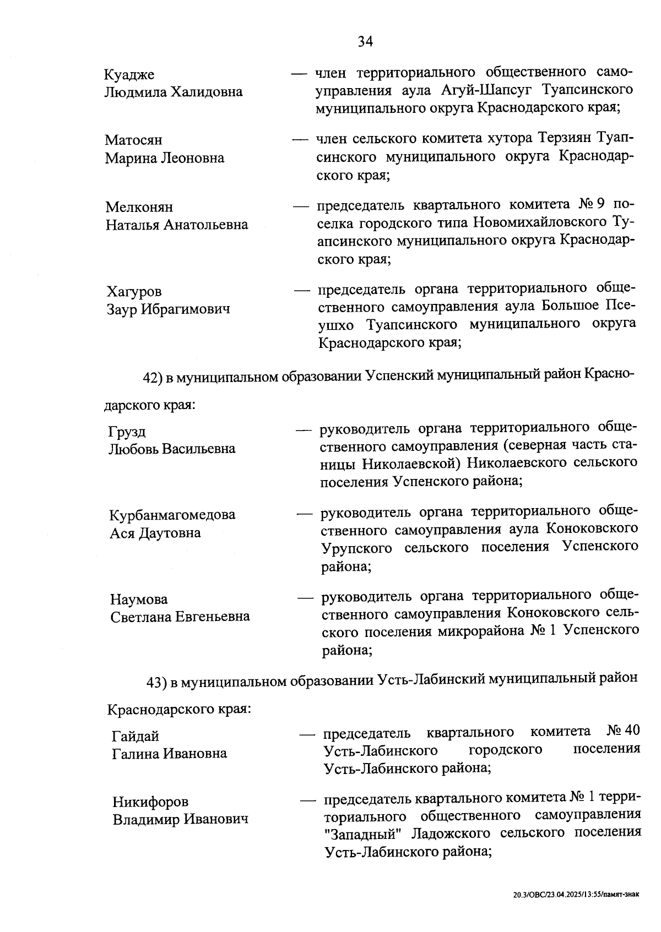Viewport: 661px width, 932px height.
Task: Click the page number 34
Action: click(365, 42)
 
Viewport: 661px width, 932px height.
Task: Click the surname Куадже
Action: click(129, 74)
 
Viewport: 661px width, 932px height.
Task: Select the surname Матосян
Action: click(134, 140)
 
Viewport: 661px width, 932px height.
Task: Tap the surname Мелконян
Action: click(139, 208)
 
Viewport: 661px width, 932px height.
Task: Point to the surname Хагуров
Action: click(134, 292)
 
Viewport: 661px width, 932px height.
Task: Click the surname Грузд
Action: click(127, 432)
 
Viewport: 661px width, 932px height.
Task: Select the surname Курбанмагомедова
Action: click(172, 515)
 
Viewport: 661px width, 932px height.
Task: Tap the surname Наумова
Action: click(139, 599)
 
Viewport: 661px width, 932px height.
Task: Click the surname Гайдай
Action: click(136, 737)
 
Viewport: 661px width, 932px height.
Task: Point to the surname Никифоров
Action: click(150, 802)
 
